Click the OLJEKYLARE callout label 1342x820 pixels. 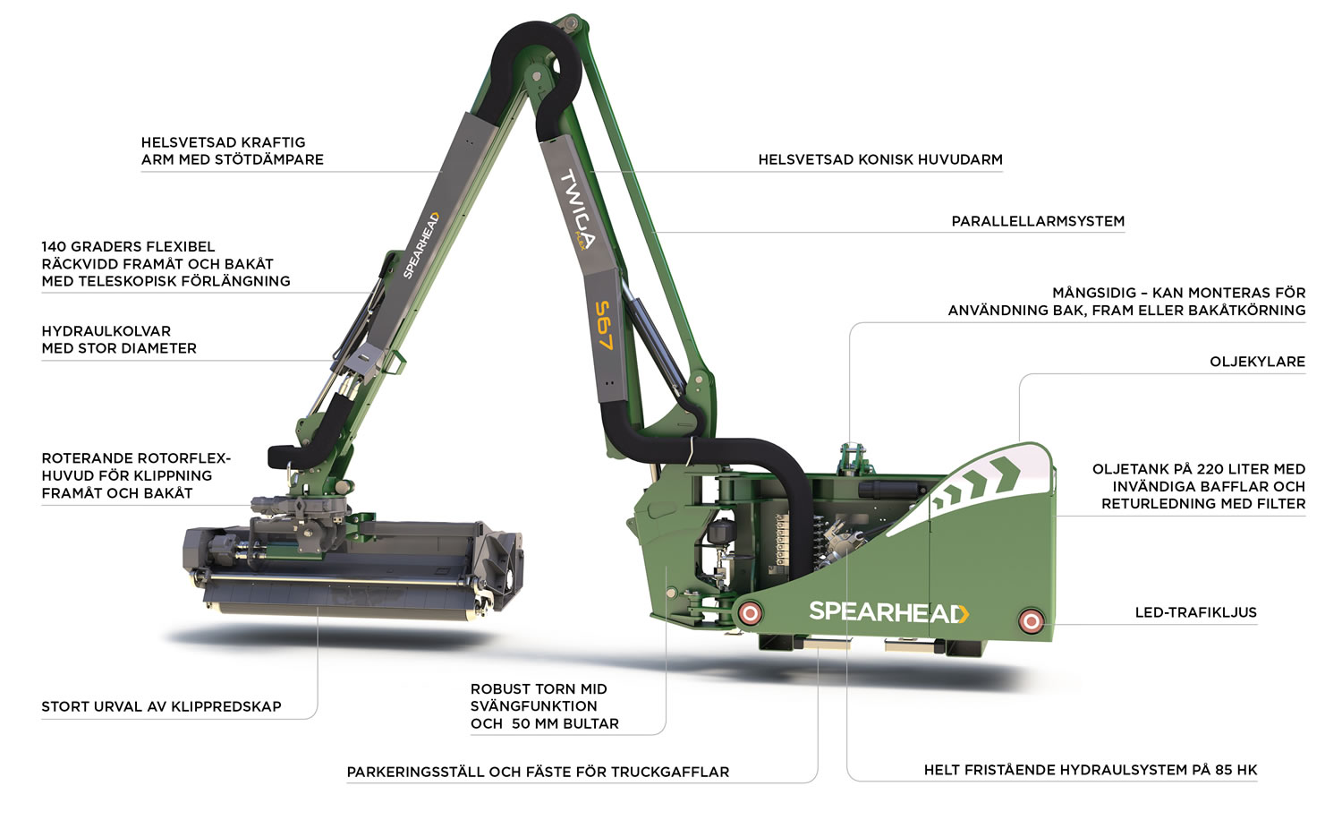(x=1257, y=362)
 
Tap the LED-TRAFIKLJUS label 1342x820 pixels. (x=1196, y=612)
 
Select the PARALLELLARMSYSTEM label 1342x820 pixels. (x=1038, y=221)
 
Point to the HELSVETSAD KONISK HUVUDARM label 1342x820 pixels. (x=880, y=159)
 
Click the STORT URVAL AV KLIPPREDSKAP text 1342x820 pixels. (x=161, y=706)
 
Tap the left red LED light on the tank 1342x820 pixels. (x=750, y=612)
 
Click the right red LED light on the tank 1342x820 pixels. (x=1031, y=621)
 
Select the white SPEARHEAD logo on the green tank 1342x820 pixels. (x=889, y=612)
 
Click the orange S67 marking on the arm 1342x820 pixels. (x=604, y=325)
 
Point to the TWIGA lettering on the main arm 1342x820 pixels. (x=577, y=209)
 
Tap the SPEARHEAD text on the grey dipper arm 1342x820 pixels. (x=420, y=245)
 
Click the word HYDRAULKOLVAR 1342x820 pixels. (x=106, y=331)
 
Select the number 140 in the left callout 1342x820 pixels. (x=53, y=246)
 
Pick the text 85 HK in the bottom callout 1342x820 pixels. (x=1236, y=770)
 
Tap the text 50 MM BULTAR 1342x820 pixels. (x=565, y=723)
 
